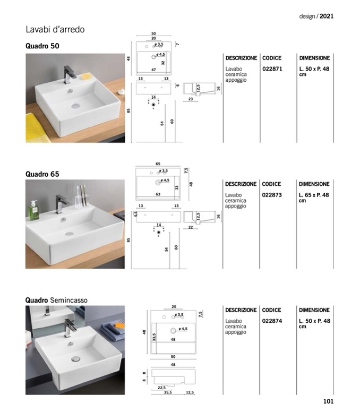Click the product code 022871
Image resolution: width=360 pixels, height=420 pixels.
[x=272, y=69]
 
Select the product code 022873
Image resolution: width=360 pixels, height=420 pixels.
[x=272, y=195]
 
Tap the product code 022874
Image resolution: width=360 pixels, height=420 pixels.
[x=272, y=321]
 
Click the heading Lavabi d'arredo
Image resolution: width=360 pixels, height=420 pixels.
[x=55, y=29]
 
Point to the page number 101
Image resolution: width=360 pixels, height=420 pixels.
[x=328, y=401]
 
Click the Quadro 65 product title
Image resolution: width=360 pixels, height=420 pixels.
[x=42, y=174]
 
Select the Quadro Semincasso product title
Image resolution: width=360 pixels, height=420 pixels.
[x=56, y=300]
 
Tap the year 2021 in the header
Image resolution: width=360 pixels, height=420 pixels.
[x=327, y=16]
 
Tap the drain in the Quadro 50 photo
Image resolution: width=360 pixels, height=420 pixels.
[x=76, y=105]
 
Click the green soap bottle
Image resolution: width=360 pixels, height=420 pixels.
[x=33, y=211]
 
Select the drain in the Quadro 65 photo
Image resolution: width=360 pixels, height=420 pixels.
[x=69, y=233]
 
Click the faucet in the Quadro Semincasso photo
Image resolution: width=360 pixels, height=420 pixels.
[x=70, y=327]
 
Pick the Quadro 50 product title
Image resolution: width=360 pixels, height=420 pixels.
[x=42, y=46]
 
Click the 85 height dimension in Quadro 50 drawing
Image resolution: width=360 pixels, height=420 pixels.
[x=129, y=110]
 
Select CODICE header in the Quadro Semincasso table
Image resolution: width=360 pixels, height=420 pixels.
[x=272, y=310]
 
